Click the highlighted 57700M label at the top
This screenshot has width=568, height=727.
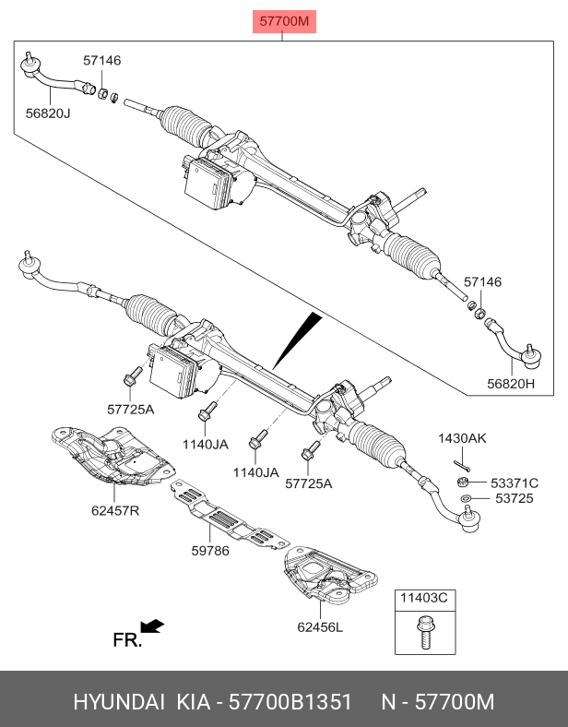pyautogui.click(x=284, y=21)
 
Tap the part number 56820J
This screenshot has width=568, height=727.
pyautogui.click(x=48, y=113)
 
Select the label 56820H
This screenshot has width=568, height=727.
pyautogui.click(x=511, y=384)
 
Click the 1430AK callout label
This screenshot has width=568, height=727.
pyautogui.click(x=462, y=438)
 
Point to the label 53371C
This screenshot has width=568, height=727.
pyautogui.click(x=515, y=483)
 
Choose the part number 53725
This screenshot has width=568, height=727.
pyautogui.click(x=515, y=498)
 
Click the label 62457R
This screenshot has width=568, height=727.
pyautogui.click(x=115, y=510)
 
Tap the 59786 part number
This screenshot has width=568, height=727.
pyautogui.click(x=210, y=551)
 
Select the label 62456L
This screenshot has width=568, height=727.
pyautogui.click(x=320, y=626)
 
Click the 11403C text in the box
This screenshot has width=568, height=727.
pyautogui.click(x=424, y=598)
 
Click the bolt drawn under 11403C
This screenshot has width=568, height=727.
pyautogui.click(x=424, y=632)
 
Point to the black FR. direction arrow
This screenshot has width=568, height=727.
pyautogui.click(x=152, y=626)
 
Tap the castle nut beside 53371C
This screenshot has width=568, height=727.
pyautogui.click(x=461, y=483)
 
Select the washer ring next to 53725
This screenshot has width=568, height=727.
pyautogui.click(x=466, y=498)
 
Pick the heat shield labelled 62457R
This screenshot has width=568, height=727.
pyautogui.click(x=112, y=456)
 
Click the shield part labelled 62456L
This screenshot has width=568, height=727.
pyautogui.click(x=330, y=575)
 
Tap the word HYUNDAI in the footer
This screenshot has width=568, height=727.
pyautogui.click(x=119, y=701)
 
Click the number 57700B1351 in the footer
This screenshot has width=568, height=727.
pyautogui.click(x=291, y=701)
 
